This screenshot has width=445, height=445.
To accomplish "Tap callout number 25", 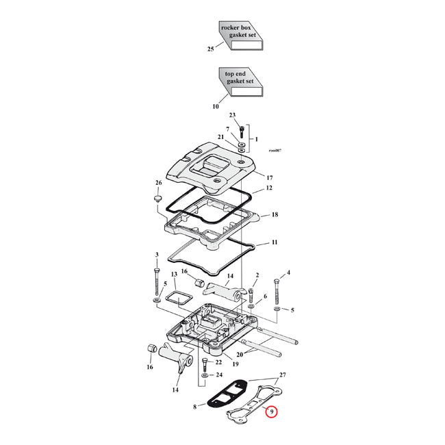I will [211, 49].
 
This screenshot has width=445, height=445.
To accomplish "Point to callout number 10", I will [215, 107].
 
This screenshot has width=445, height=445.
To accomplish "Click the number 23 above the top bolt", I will [232, 115].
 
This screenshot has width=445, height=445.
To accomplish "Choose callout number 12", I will [270, 188].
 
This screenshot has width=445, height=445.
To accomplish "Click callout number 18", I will [275, 214].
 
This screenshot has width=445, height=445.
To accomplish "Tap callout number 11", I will [274, 242].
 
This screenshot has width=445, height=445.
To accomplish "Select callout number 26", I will [158, 183].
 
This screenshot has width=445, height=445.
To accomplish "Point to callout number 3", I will [157, 255].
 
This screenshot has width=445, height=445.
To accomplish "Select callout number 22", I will [218, 362].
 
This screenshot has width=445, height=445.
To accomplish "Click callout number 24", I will [218, 374].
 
